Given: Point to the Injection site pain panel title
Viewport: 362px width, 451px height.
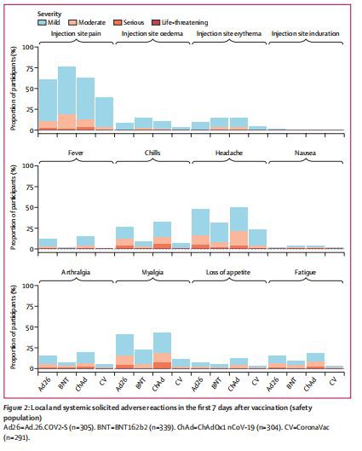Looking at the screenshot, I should tap(77, 34).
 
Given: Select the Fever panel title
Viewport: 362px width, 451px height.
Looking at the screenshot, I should tap(77, 154).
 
